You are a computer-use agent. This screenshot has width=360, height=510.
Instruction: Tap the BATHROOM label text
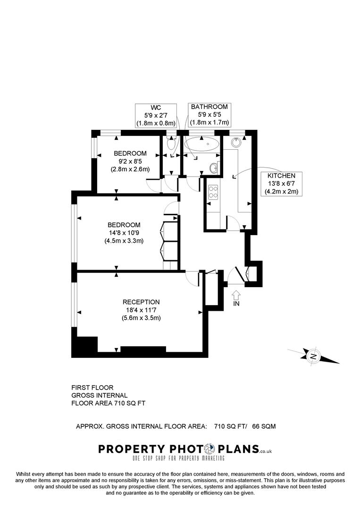pos(209,107)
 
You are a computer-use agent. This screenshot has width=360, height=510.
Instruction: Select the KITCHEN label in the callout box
pos(281,176)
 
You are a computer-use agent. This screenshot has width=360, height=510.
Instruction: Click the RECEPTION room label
pos(141,302)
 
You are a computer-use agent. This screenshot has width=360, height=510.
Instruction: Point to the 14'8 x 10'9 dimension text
pos(124,233)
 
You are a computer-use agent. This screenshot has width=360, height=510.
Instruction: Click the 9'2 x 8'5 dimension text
pos(130,161)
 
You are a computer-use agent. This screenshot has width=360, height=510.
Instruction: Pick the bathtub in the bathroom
pos(202,145)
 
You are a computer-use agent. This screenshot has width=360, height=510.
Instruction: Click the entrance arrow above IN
pos(236,294)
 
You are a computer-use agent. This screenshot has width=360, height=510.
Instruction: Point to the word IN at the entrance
pos(236,304)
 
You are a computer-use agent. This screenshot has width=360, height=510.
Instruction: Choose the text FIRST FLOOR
pos(92,388)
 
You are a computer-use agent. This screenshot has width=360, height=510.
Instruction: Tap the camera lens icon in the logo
pos(210,449)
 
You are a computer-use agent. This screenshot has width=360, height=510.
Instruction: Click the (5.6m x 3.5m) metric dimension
pos(141,318)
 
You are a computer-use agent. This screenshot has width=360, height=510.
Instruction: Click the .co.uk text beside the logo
pos(265,452)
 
